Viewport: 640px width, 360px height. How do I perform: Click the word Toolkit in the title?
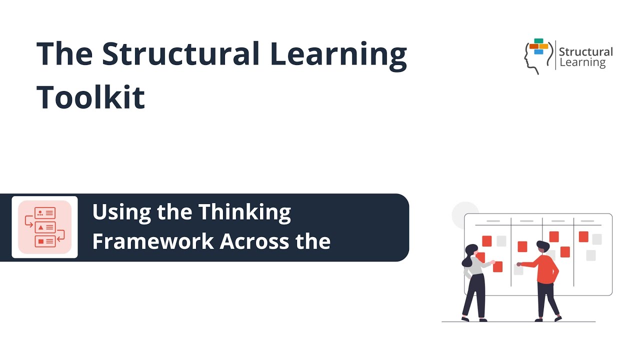91,96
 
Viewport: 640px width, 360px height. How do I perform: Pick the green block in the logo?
538,41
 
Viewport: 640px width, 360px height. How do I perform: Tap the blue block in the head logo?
538,51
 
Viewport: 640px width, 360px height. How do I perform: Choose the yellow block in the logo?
543,46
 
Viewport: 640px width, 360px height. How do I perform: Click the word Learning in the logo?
582,62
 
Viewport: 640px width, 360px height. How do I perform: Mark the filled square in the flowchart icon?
40,241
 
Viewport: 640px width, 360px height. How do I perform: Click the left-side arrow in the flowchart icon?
28,220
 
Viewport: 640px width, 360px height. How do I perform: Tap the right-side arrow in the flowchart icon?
60,234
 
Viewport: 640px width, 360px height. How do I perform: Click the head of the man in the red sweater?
542,247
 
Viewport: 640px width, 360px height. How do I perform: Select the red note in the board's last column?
583,236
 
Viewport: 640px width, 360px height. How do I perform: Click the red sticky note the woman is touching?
497,267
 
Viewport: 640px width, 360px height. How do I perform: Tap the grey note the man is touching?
518,269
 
